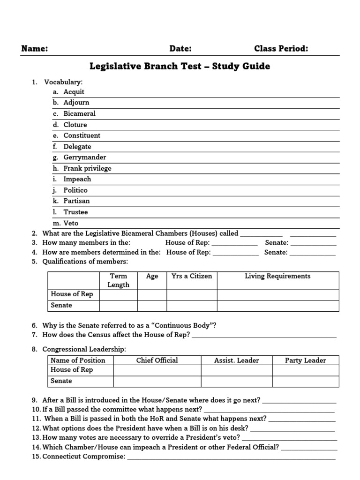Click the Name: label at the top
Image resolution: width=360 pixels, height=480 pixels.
34,49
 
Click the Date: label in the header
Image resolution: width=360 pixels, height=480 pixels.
180,49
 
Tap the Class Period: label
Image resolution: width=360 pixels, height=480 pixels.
281,49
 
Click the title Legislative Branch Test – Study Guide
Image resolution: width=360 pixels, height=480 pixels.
180,66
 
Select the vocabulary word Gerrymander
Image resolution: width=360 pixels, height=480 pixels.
85,157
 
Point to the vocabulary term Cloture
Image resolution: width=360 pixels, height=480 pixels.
75,125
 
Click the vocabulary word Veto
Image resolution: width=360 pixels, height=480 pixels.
71,223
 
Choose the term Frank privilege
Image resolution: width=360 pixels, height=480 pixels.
88,168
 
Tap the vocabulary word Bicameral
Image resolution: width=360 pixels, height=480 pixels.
80,113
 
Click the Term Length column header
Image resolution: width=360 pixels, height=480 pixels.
118,280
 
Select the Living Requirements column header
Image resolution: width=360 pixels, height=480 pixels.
277,276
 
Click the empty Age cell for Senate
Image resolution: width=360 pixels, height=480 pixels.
152,306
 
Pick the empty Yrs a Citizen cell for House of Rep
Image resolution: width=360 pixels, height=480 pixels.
192,294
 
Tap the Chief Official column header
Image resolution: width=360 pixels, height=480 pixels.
157,360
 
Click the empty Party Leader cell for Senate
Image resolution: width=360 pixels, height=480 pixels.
305,381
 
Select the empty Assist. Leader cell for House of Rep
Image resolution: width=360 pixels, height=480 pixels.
236,370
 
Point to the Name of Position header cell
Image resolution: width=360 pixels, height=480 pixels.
78,360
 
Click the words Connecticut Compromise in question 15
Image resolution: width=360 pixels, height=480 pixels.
82,456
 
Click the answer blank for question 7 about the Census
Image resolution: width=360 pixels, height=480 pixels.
264,335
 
